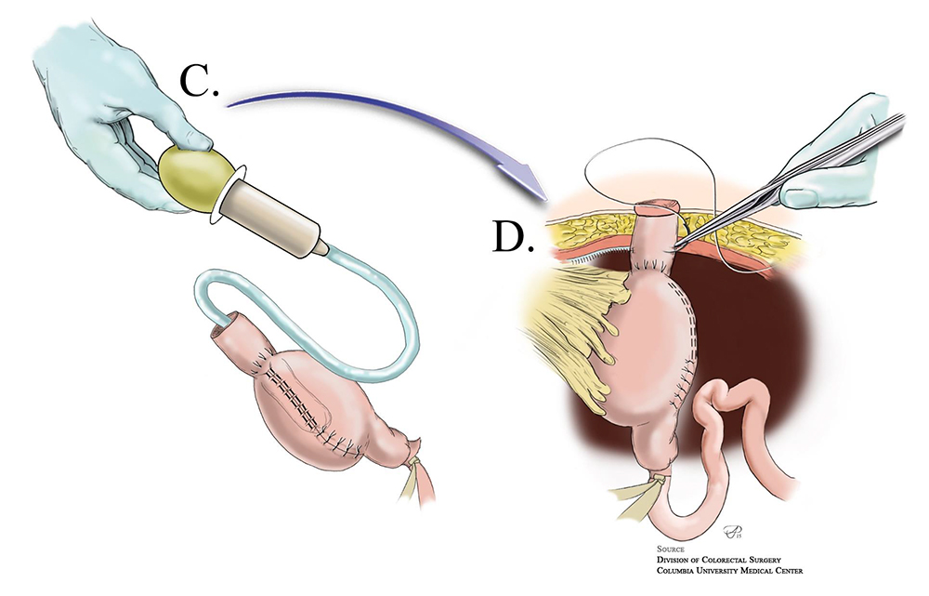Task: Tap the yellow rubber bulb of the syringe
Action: click(x=190, y=173)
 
